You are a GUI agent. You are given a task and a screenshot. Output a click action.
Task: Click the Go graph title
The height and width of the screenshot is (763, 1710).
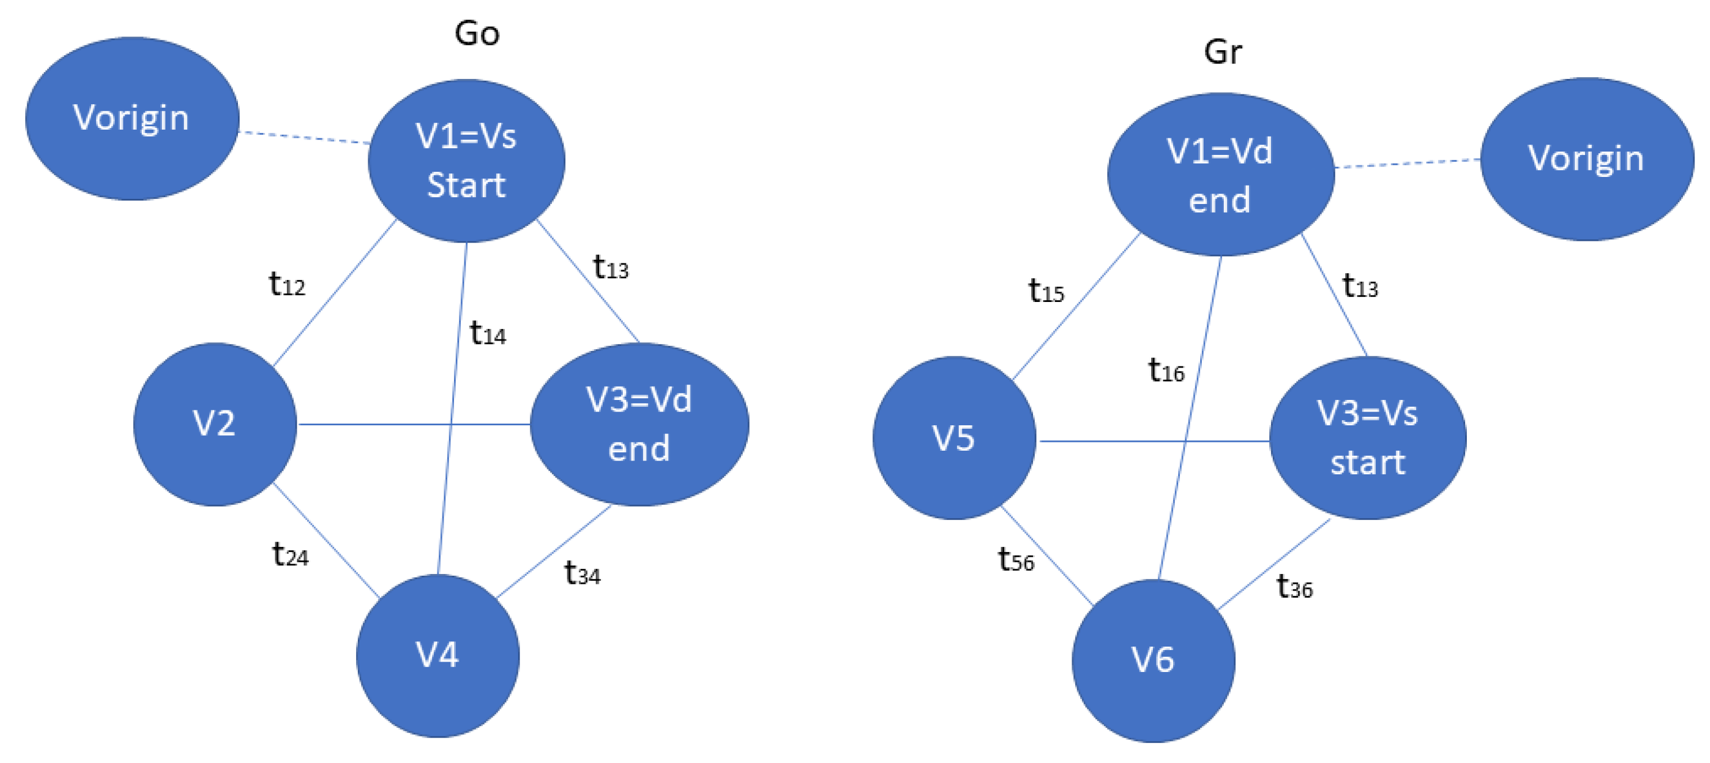point(476,33)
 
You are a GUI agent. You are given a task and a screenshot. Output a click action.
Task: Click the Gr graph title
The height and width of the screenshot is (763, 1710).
point(1222,52)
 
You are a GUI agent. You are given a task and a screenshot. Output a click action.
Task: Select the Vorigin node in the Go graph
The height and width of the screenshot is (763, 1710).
point(131,118)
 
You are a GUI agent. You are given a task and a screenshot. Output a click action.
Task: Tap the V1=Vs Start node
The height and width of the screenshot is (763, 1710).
point(466,161)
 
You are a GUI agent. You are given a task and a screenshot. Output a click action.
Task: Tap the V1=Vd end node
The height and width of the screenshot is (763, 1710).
point(1220,175)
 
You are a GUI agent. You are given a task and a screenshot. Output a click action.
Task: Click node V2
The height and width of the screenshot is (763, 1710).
point(214,424)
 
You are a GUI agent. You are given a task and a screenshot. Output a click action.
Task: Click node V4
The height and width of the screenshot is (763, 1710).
point(437,655)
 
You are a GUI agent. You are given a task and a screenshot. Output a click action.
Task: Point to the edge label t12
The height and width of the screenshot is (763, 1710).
point(286,284)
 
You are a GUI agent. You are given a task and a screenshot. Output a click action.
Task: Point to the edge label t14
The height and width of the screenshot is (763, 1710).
point(487,333)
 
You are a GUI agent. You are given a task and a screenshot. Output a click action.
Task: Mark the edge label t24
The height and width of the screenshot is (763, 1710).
point(290,554)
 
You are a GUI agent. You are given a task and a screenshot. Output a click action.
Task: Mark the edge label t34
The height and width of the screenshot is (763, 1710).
point(581,573)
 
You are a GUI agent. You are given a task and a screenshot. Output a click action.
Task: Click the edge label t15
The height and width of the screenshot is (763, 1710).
point(1046,290)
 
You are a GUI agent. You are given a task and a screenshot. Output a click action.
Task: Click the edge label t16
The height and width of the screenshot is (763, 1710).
point(1166,370)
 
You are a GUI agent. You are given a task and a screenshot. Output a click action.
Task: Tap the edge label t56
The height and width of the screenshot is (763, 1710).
point(1016,560)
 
